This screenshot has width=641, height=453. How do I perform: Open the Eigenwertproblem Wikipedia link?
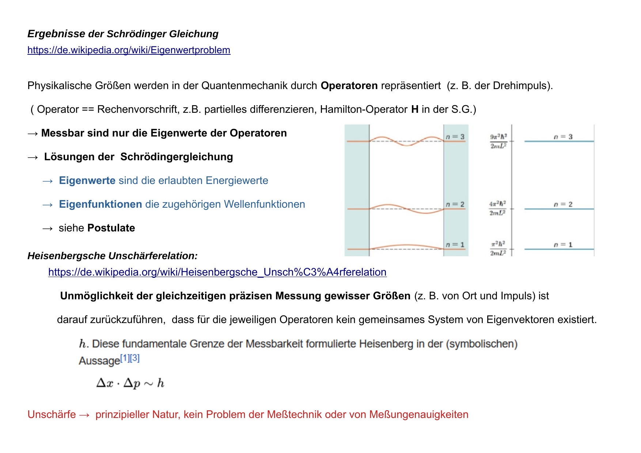pos(129,50)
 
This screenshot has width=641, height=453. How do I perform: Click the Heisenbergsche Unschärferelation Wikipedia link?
pos(217,272)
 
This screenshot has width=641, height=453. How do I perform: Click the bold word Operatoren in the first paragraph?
pos(349,86)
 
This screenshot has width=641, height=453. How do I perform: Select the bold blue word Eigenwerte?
pos(87,181)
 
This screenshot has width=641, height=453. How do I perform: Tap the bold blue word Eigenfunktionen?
pos(100,204)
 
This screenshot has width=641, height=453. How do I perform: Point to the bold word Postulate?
pos(111,228)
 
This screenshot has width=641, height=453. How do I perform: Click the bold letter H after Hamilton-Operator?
pos(415,110)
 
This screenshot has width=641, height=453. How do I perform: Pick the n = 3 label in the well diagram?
pos(455,137)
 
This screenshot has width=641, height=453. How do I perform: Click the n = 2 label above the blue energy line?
pos(563,204)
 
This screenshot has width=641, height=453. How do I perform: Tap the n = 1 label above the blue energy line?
pos(563,245)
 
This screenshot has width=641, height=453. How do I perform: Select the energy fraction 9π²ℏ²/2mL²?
pos(498,141)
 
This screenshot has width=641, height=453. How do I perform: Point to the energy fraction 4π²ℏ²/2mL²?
pos(498,208)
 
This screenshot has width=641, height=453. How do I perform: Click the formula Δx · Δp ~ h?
pos(130,383)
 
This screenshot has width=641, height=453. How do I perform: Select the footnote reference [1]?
pos(125,358)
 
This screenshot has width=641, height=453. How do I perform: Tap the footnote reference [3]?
pos(135,358)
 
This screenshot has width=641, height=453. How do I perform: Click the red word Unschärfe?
pos(52,415)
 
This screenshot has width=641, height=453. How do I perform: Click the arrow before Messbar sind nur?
pos(33,134)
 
